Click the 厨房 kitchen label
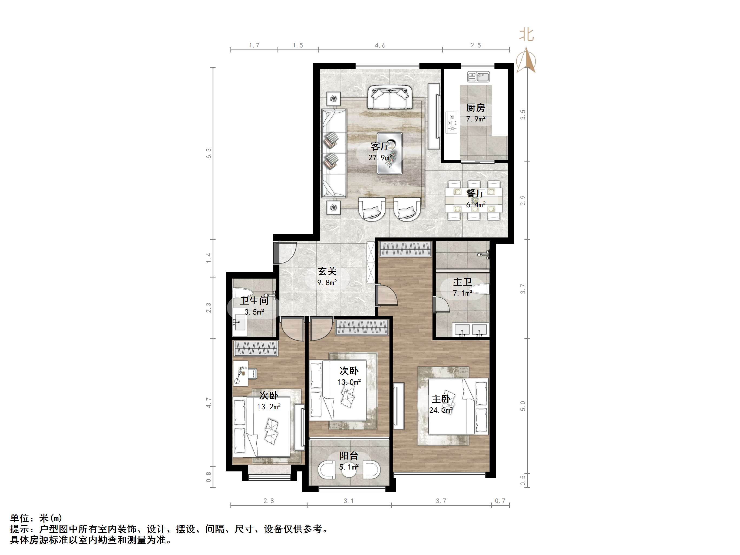tap(475, 108)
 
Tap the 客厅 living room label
tap(380, 146)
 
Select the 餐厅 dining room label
tap(475, 193)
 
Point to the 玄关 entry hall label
tap(327, 271)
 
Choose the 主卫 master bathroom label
tap(462, 282)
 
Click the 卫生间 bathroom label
tap(254, 301)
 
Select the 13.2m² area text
tap(269, 407)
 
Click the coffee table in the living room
tap(390, 153)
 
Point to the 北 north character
tap(527, 34)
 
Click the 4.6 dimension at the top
tap(380, 45)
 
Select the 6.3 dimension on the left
tap(209, 153)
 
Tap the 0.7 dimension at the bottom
tap(500, 501)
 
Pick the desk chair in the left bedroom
tap(253, 373)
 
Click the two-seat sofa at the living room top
tap(389, 97)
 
